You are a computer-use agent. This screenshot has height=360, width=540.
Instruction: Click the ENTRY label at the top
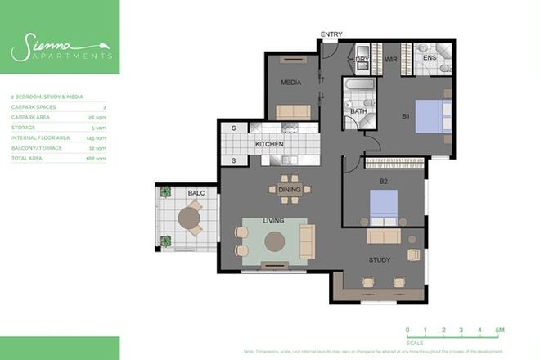(x=331, y=34)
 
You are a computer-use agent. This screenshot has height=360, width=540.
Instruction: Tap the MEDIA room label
(x=290, y=82)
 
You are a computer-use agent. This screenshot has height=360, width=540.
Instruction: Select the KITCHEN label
(x=269, y=144)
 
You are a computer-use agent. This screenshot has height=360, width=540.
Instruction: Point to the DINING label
(x=290, y=190)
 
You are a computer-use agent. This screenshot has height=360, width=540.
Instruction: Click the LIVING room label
(x=272, y=221)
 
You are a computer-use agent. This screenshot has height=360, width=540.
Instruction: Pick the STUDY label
(x=379, y=260)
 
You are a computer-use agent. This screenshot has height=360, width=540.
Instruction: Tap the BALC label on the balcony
(x=196, y=193)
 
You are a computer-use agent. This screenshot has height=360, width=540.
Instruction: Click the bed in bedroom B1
(x=430, y=115)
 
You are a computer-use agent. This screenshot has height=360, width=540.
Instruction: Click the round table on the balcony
(x=190, y=218)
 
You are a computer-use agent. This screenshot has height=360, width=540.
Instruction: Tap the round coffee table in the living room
(x=274, y=241)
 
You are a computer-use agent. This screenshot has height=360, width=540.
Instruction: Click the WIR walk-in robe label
(x=391, y=60)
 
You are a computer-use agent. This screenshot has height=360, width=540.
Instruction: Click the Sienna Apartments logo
(x=60, y=50)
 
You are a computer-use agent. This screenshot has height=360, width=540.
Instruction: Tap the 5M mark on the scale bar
(x=499, y=330)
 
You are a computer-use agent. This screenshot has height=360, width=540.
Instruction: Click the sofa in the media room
(x=291, y=111)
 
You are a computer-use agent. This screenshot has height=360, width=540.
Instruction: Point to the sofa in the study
(x=383, y=237)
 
